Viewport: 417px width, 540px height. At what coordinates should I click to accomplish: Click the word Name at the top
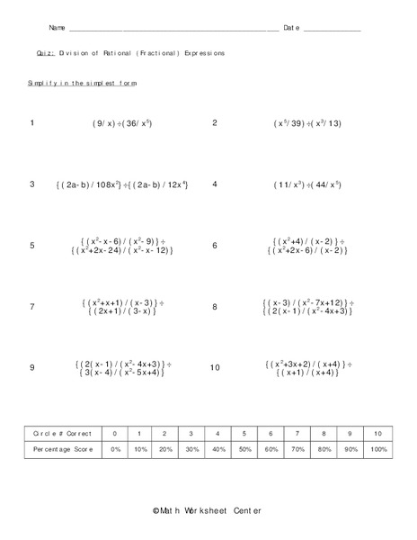[57, 29]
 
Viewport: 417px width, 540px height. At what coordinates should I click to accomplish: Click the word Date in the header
[291, 29]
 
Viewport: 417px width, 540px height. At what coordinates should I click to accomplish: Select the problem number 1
[31, 122]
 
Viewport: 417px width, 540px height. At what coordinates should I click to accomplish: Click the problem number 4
[215, 184]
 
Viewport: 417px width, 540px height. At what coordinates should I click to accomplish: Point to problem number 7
[32, 307]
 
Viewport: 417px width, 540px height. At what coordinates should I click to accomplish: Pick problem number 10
[215, 368]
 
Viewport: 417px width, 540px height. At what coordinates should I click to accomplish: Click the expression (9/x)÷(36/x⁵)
[122, 123]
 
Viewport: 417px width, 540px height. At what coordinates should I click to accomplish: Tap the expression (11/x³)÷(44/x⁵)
[306, 184]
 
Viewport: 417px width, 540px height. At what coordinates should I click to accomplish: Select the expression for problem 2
[306, 123]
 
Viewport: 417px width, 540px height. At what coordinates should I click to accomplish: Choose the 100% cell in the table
[378, 447]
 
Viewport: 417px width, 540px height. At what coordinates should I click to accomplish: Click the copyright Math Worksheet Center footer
[208, 511]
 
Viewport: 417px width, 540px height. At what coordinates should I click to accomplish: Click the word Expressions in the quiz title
[201, 54]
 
